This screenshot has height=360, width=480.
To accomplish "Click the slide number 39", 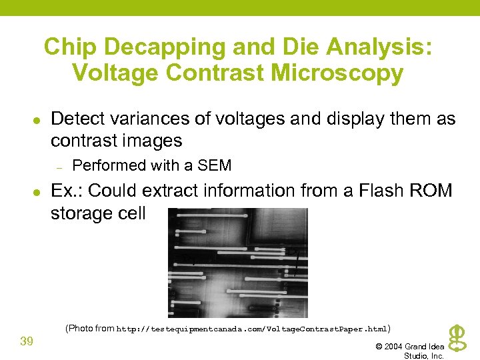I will click(27, 341).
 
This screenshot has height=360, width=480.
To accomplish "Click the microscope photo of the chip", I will click(238, 263).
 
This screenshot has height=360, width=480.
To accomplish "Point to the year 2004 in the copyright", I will click(394, 347).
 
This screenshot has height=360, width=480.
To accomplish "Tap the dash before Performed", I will click(59, 166).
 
